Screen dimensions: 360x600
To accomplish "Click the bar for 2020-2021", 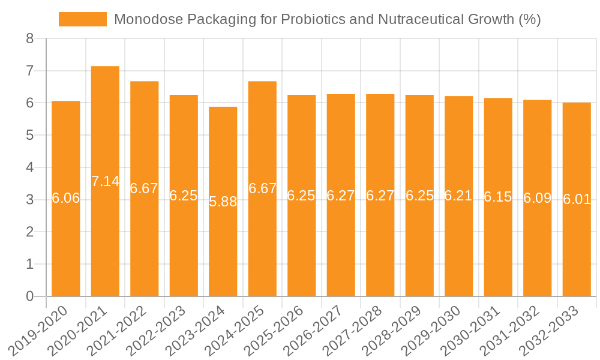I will click(105, 240).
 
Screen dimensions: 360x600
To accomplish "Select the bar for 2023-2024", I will click(223, 252).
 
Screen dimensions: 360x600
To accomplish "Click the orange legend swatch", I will click(82, 19).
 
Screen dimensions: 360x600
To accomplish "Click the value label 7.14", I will click(105, 181).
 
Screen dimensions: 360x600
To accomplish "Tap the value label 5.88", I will click(223, 202).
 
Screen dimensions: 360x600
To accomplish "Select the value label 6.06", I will click(66, 198).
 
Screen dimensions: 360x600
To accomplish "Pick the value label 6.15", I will click(498, 197).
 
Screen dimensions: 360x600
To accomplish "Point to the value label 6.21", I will click(459, 196).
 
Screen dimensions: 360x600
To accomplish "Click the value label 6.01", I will click(577, 199).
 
